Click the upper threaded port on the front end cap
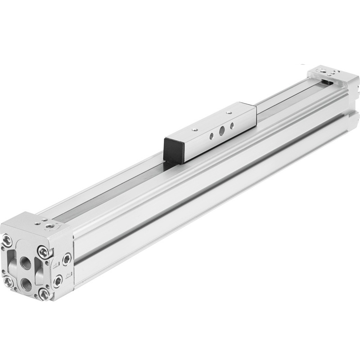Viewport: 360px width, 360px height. coord(26,263)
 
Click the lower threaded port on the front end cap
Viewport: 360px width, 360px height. coord(26,284)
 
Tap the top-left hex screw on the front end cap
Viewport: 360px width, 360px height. coord(7,240)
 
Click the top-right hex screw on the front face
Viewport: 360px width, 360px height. coord(44,252)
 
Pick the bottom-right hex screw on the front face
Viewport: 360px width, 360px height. coord(45,295)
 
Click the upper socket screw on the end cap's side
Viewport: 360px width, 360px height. coord(67,260)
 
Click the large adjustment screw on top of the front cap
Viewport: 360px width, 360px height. coord(49,226)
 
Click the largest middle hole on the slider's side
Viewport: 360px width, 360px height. coord(222,130)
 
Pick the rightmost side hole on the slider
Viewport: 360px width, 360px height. coord(232,125)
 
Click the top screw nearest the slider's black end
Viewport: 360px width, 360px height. coord(195,130)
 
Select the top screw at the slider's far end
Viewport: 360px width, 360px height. coord(229,112)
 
